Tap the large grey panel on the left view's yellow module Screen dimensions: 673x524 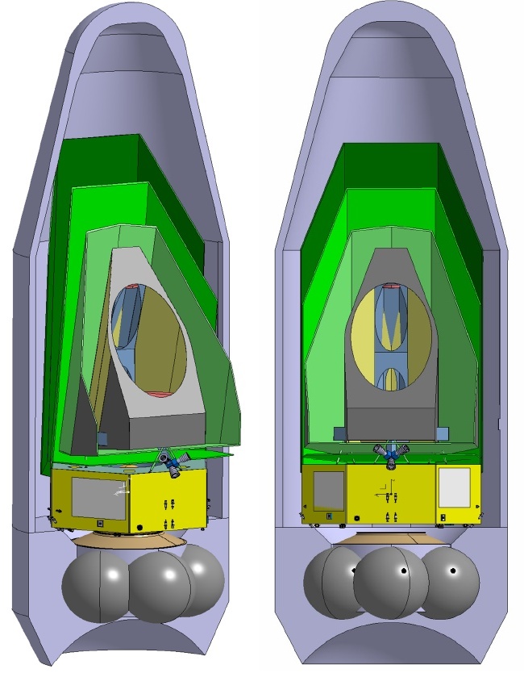point(98,498)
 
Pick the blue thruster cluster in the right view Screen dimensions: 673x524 point(390,456)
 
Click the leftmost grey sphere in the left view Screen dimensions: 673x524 point(96,582)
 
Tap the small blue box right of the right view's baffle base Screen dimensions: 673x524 point(442,433)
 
